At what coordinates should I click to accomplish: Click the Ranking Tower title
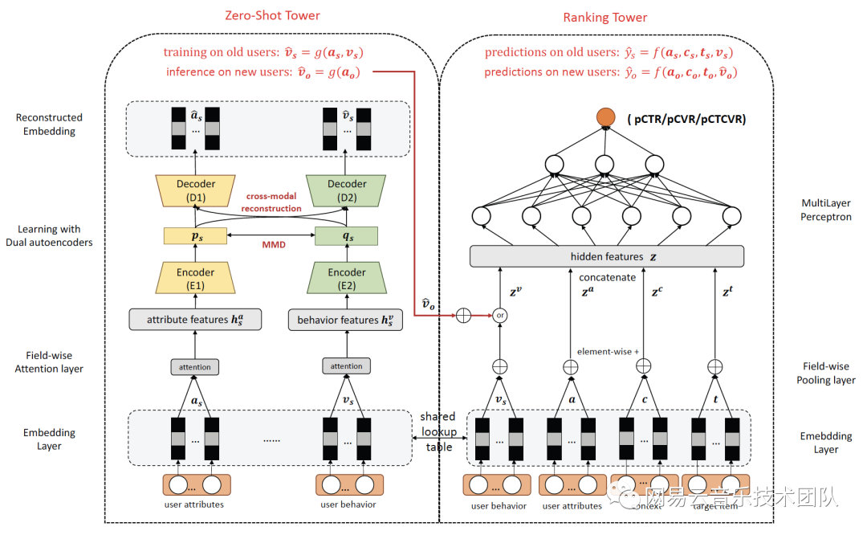604,17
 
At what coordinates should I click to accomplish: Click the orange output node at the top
604,118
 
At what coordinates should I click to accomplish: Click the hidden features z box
606,256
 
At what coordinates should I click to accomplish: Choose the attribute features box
195,320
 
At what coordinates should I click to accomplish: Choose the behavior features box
347,320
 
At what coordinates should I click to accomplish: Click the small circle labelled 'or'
500,315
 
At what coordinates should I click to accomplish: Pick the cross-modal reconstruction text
274,202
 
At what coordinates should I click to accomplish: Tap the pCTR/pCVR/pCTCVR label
686,119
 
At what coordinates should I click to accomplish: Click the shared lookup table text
438,431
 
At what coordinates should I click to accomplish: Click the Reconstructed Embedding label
49,124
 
